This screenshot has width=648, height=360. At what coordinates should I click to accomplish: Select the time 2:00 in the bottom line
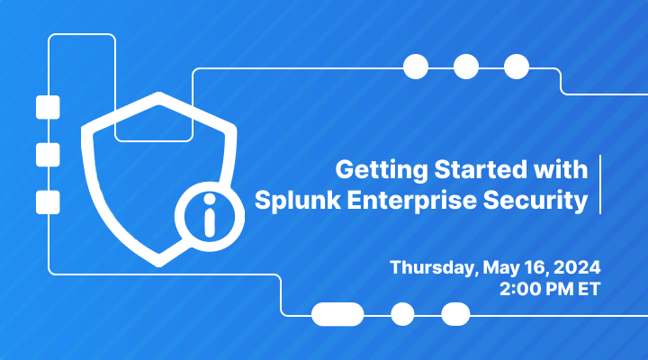[x=519, y=290]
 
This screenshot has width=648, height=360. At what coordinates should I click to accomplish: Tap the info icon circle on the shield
[x=210, y=217]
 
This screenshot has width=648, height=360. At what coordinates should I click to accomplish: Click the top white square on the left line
[x=47, y=108]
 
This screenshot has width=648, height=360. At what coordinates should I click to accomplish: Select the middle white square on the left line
[x=47, y=154]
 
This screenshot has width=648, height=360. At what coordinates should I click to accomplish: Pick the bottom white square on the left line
[x=47, y=201]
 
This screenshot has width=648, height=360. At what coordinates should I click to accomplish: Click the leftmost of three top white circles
[x=416, y=67]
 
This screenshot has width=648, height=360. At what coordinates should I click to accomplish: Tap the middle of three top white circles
[x=466, y=67]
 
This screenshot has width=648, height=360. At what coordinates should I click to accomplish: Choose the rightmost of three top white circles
[x=517, y=67]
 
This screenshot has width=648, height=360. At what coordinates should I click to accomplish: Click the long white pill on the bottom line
[x=337, y=314]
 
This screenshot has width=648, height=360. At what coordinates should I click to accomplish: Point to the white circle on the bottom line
[x=402, y=314]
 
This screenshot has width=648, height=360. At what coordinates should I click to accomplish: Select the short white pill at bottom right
[x=456, y=314]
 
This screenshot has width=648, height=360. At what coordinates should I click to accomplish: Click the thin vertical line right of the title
[x=600, y=184]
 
